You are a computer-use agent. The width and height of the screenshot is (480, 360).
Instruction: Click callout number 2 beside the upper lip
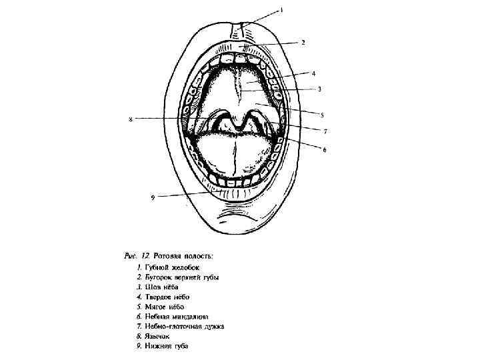coord(303,42)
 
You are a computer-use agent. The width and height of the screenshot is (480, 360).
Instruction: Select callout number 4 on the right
coord(313,72)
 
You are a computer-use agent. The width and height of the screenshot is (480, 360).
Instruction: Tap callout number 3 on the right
coord(319,88)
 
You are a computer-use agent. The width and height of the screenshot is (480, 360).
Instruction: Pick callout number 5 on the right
coord(321,114)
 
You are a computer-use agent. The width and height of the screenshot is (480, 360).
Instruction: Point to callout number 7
coord(325,131)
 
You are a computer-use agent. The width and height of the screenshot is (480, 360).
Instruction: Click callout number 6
coord(324,151)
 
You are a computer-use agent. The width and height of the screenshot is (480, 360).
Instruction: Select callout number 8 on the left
coord(130,119)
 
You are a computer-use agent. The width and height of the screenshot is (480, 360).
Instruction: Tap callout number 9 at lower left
coord(153,197)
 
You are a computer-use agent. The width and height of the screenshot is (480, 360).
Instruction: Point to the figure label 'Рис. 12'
coord(137,255)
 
